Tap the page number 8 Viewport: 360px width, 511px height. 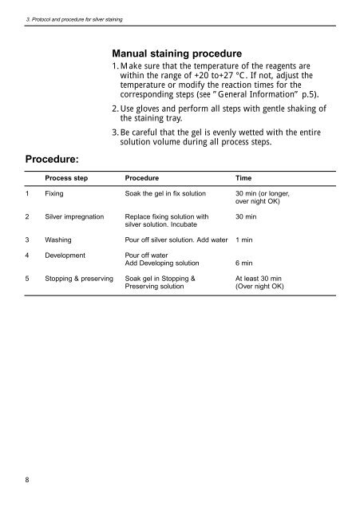pos(29,481)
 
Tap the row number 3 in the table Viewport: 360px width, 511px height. pos(28,239)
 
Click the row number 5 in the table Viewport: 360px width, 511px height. pos(28,279)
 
